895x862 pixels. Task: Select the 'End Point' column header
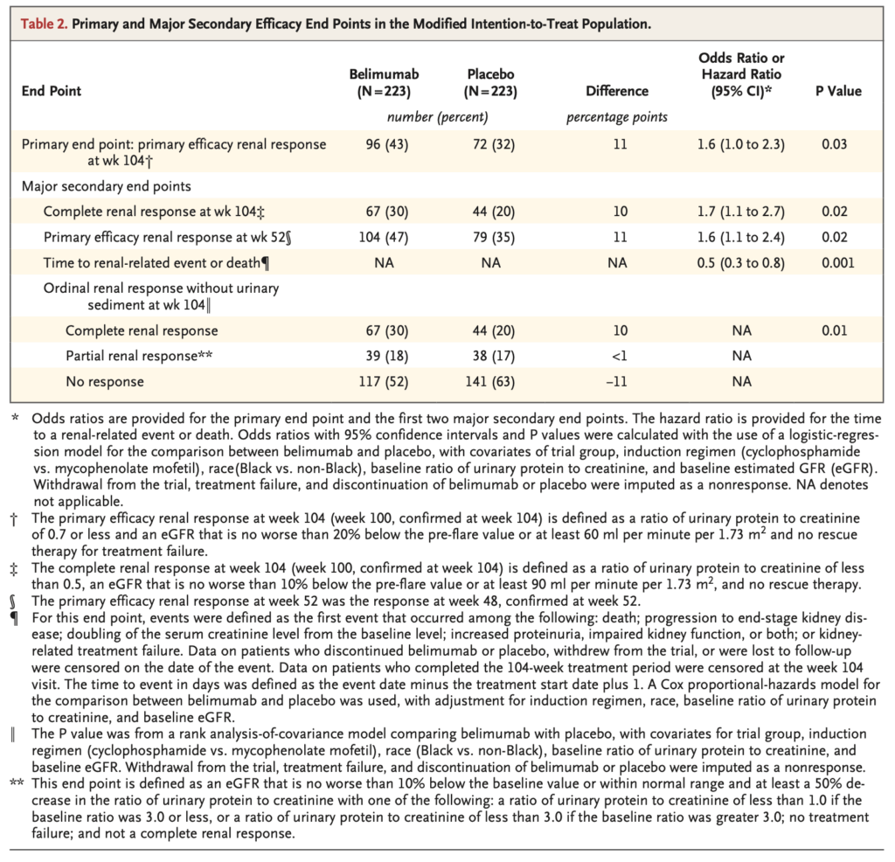click(x=52, y=91)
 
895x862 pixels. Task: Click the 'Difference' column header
click(x=618, y=91)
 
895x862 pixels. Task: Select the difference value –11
click(x=620, y=382)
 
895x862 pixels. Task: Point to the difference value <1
click(x=620, y=356)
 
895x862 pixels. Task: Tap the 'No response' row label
click(x=105, y=382)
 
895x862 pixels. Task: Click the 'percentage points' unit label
click(x=618, y=116)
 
